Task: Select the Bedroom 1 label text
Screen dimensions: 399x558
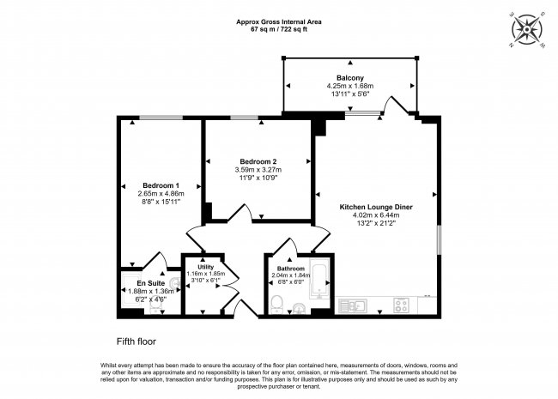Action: (x=161, y=185)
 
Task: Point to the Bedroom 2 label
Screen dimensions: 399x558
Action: (x=258, y=161)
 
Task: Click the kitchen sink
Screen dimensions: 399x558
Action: (x=353, y=305)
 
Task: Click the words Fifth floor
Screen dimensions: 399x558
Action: (x=138, y=340)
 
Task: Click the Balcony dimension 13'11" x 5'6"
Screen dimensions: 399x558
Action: (x=350, y=95)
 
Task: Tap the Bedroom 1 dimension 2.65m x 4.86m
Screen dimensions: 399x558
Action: (x=161, y=194)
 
